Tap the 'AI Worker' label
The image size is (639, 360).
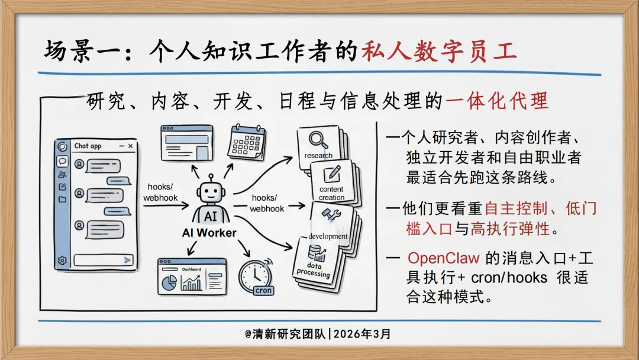tap(209, 233)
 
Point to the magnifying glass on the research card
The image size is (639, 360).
tap(318, 140)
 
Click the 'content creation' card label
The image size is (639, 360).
tap(331, 193)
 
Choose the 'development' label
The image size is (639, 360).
tap(328, 236)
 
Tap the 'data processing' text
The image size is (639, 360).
tap(314, 270)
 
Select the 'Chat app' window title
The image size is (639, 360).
tap(88, 146)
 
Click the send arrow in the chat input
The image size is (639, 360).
tap(127, 260)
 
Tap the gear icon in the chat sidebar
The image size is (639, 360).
tap(62, 260)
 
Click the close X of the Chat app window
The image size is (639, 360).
tap(130, 146)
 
